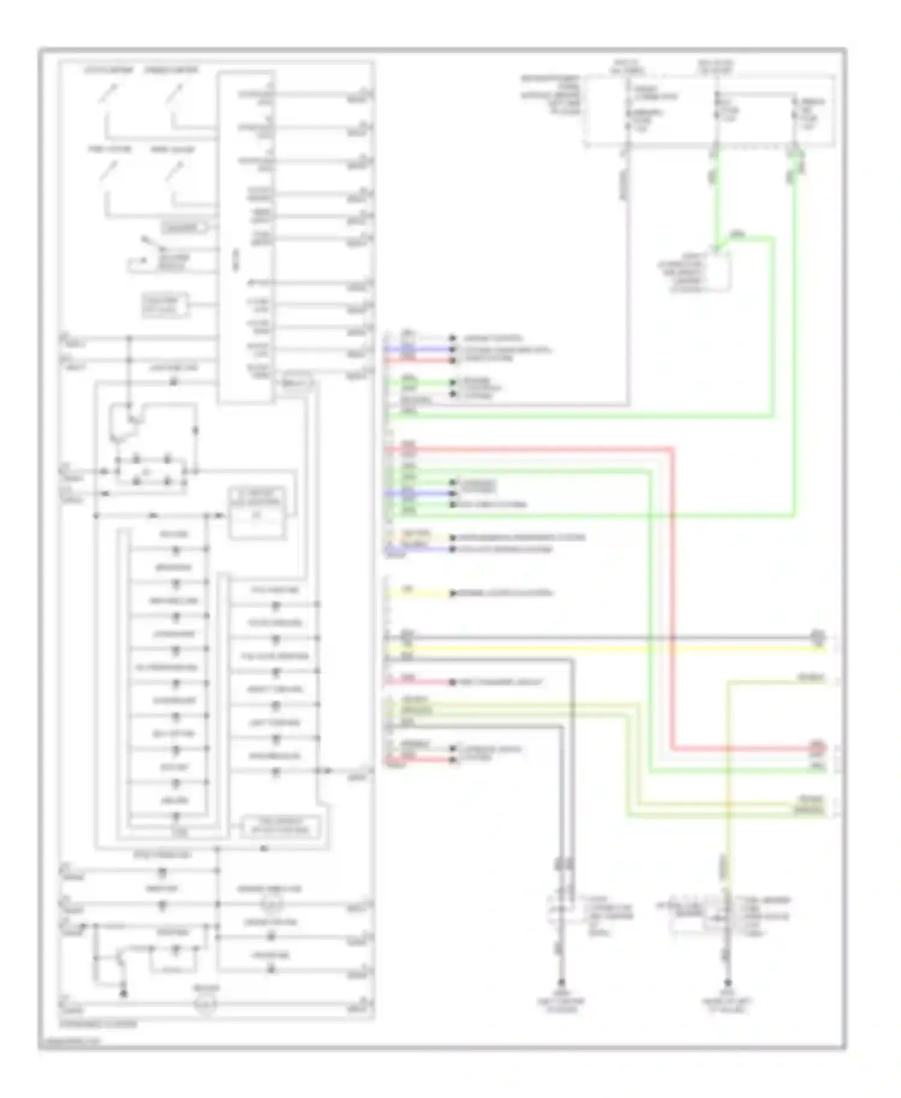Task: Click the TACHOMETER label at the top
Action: tap(108, 70)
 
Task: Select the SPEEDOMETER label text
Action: tap(171, 70)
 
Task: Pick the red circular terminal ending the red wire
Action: tap(818, 748)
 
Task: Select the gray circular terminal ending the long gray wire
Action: tap(818, 637)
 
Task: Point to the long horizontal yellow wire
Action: tap(601, 648)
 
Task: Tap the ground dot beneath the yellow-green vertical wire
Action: tap(727, 984)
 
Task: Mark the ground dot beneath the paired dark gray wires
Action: tap(562, 984)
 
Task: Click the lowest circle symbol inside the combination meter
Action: tap(205, 1003)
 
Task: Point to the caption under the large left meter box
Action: tap(99, 1024)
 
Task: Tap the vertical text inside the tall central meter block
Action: tap(236, 264)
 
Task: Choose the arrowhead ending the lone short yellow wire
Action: tap(454, 593)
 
